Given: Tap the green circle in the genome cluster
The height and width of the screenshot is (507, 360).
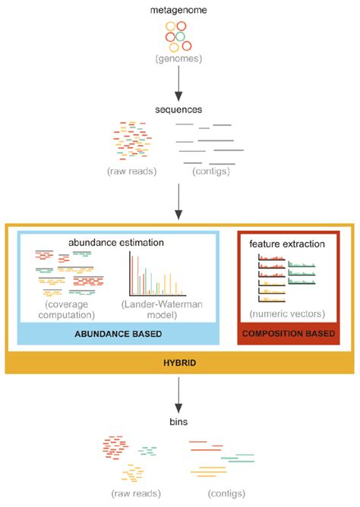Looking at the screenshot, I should tap(180, 36).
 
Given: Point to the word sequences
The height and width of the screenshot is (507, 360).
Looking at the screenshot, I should tap(180, 109).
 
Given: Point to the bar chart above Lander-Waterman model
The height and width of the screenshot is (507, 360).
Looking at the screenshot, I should tap(163, 273).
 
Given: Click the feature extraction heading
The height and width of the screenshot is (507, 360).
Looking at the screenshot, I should tap(287, 244).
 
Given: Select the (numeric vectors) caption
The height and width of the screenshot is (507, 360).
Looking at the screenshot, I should tap(287, 313).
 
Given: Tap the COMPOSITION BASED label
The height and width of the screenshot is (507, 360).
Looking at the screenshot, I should tap(287, 333).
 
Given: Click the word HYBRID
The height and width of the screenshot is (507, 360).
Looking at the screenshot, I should tap(180, 364).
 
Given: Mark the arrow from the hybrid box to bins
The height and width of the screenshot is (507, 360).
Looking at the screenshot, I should tap(180, 395).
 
